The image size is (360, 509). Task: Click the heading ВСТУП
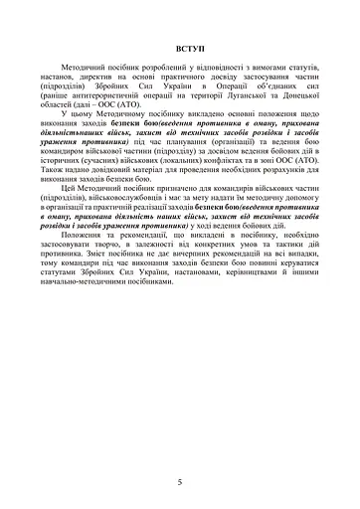point(180,47)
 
